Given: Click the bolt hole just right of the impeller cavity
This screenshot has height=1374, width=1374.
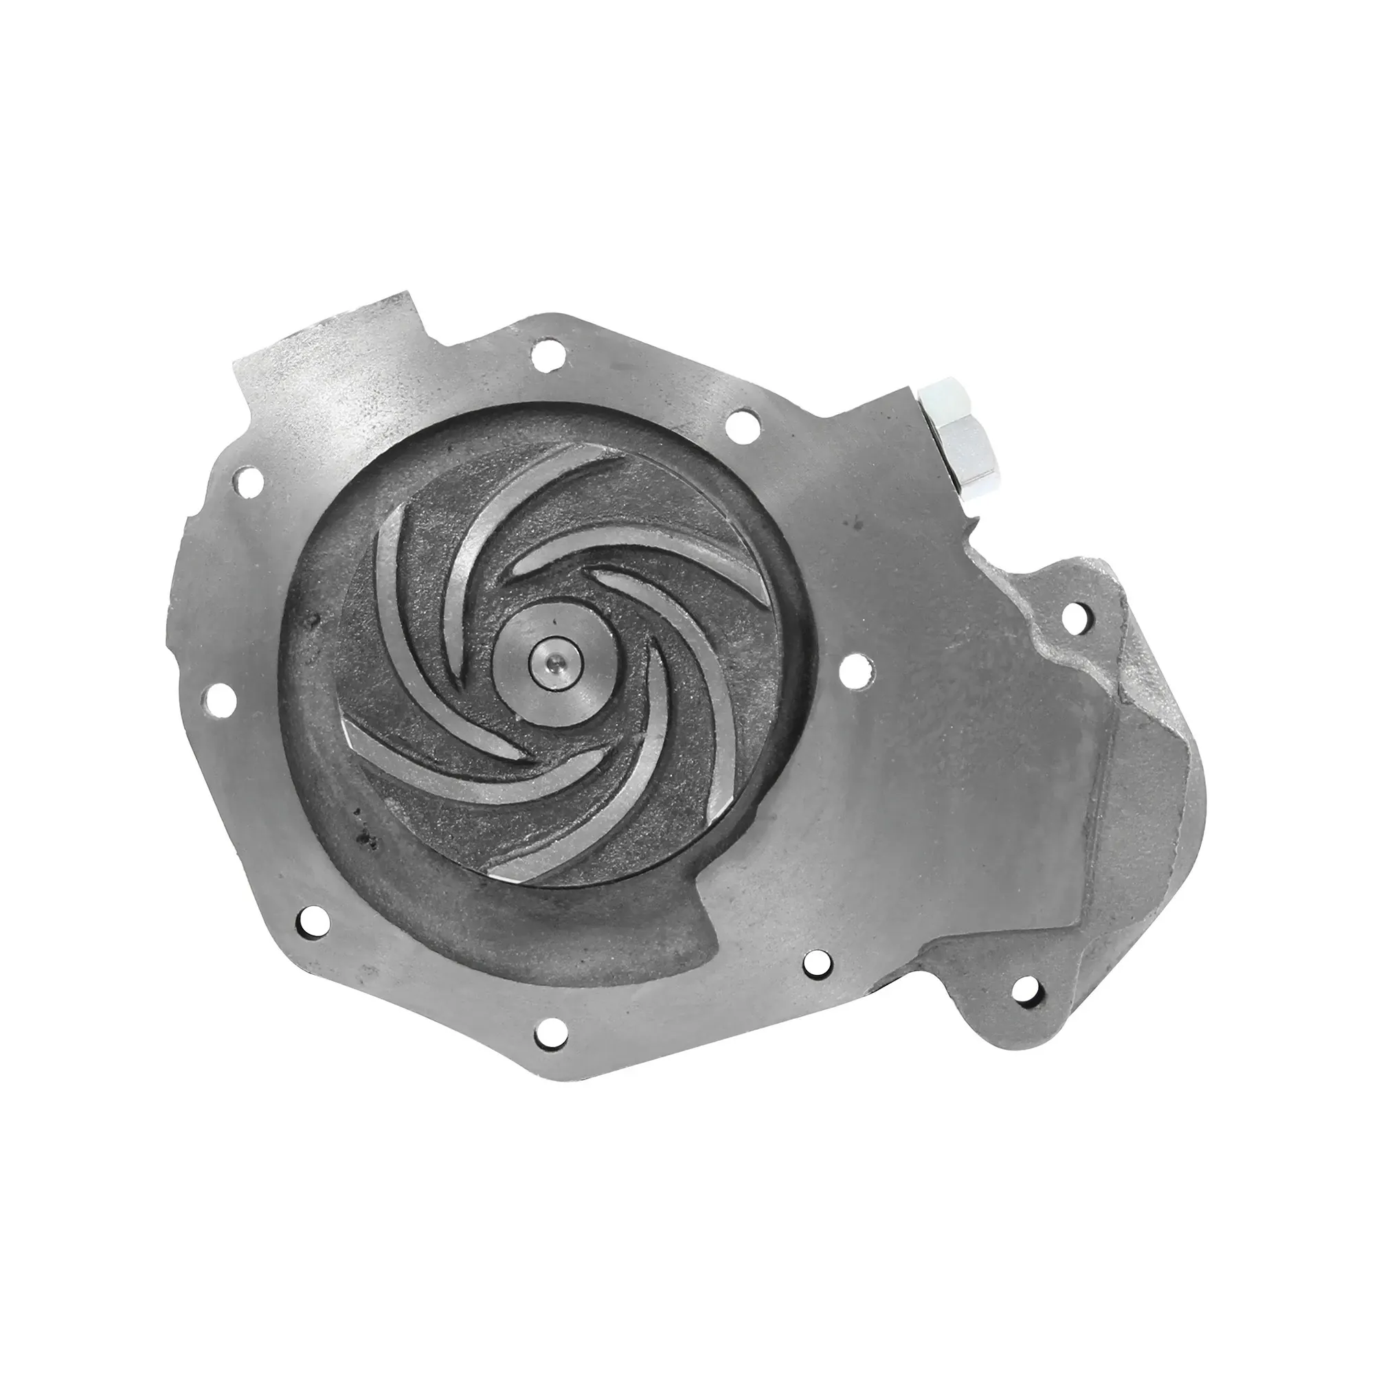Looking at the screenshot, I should coord(851,669).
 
